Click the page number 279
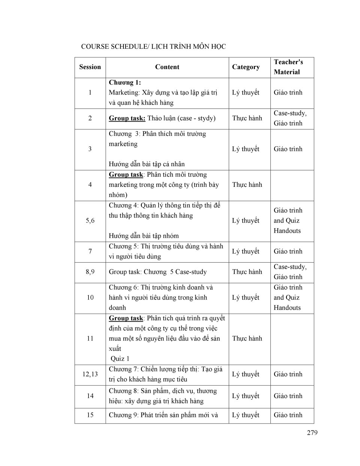click(x=312, y=433)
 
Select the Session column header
click(x=90, y=67)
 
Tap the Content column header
click(x=167, y=67)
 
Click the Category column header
click(x=246, y=67)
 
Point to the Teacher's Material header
click(x=288, y=67)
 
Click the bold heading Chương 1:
click(x=125, y=83)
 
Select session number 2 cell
click(x=90, y=118)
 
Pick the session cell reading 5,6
click(x=90, y=221)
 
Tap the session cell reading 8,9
click(x=90, y=272)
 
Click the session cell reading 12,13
click(x=90, y=374)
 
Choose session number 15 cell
click(x=90, y=415)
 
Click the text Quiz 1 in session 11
click(x=120, y=359)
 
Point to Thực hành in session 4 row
click(x=247, y=185)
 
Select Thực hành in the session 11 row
click(x=247, y=338)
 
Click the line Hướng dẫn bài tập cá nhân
click(x=147, y=164)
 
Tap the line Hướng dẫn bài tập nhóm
click(x=144, y=236)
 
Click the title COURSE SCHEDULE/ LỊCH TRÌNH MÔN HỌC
click(x=153, y=47)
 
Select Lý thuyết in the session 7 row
click(x=246, y=251)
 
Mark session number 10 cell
click(x=90, y=298)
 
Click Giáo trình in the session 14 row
click(x=288, y=396)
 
